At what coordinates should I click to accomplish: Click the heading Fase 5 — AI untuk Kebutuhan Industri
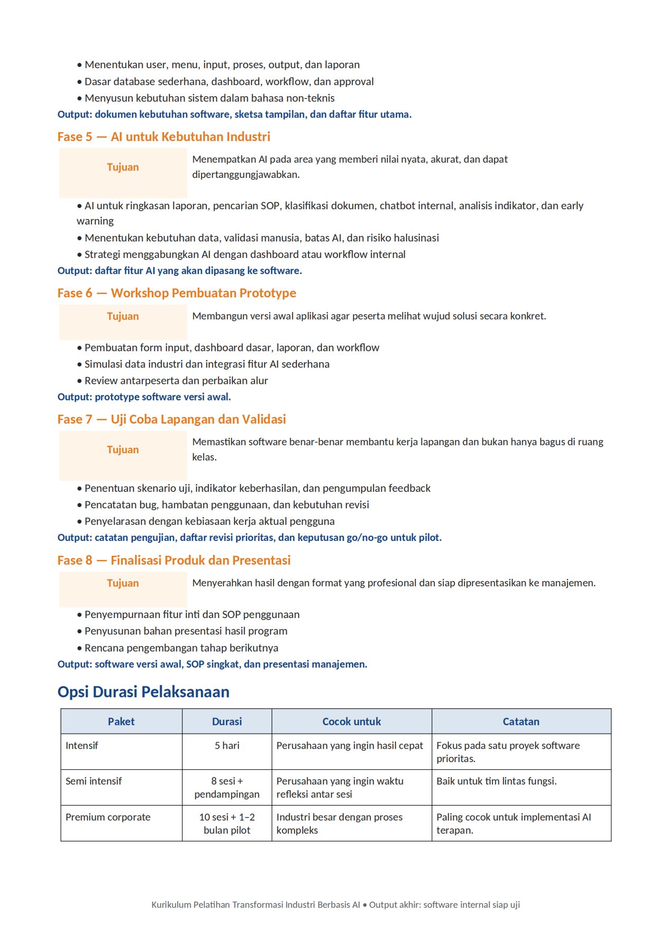[164, 137]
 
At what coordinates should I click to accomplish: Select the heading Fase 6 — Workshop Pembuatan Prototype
[176, 293]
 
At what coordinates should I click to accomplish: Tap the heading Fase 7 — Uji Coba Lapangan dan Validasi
[172, 419]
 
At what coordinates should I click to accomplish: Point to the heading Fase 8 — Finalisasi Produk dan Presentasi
[174, 561]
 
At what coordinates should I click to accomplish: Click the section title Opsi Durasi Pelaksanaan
[143, 692]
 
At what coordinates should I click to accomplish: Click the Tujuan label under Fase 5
[123, 167]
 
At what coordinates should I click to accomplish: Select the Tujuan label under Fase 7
[123, 450]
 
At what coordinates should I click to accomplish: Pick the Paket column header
[121, 722]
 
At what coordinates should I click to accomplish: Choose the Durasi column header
[227, 722]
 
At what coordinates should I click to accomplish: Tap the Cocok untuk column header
[351, 722]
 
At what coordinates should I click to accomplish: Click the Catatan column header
[521, 722]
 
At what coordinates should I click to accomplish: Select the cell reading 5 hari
[227, 745]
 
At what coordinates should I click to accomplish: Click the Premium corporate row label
[108, 817]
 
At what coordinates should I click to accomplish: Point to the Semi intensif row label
[94, 781]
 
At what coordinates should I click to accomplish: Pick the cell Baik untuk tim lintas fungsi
[496, 781]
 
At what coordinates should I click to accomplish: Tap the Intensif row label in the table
[82, 745]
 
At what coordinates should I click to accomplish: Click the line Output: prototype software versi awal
[144, 397]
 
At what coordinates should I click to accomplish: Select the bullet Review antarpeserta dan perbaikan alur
[176, 381]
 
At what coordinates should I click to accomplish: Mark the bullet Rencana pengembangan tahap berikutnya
[181, 648]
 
